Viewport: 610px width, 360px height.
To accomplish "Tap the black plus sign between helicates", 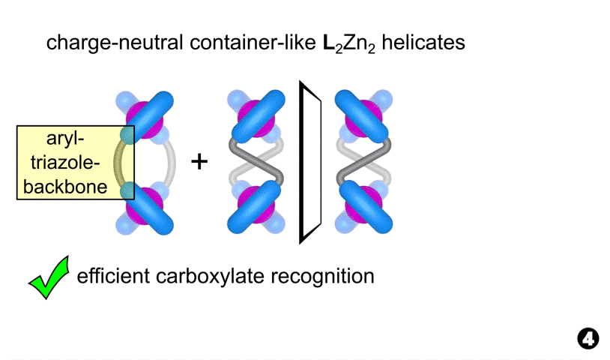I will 199,160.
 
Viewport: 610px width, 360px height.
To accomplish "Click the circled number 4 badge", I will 588,339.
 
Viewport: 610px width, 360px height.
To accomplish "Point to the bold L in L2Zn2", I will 317,43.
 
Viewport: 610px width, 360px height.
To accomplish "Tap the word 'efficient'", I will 113,277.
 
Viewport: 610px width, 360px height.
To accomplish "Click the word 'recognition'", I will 329,277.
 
